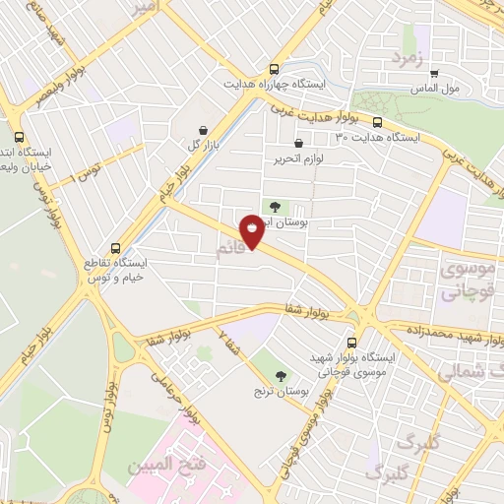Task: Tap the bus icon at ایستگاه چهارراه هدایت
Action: point(275,70)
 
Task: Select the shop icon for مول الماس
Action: point(434,73)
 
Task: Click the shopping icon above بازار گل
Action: point(203,130)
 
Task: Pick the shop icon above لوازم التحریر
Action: point(298,144)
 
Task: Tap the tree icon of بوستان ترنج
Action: point(281,375)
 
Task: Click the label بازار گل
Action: point(202,145)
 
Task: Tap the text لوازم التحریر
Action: point(297,158)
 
